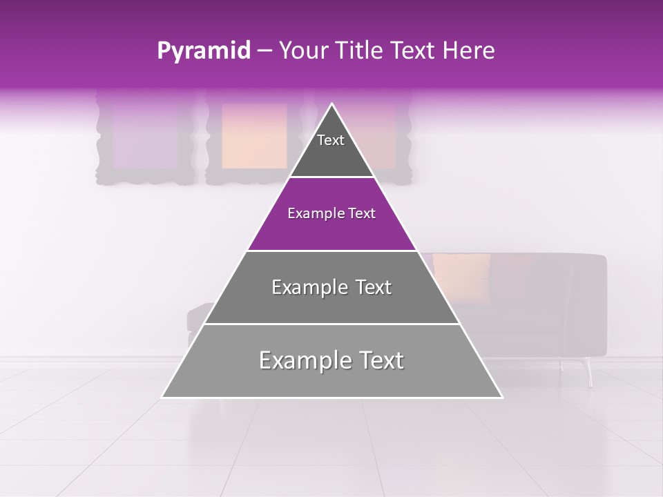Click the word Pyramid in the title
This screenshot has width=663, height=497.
click(203, 51)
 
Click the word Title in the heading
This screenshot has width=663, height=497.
click(358, 50)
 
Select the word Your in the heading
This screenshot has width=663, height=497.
click(302, 50)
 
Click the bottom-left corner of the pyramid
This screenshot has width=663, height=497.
click(164, 397)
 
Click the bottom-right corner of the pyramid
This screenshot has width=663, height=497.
click(501, 397)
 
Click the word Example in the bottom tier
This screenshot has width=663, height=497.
click(298, 360)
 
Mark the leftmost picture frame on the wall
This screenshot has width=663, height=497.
click(144, 138)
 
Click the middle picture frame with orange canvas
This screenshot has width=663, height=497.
click(253, 136)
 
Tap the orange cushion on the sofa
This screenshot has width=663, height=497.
click(461, 275)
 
